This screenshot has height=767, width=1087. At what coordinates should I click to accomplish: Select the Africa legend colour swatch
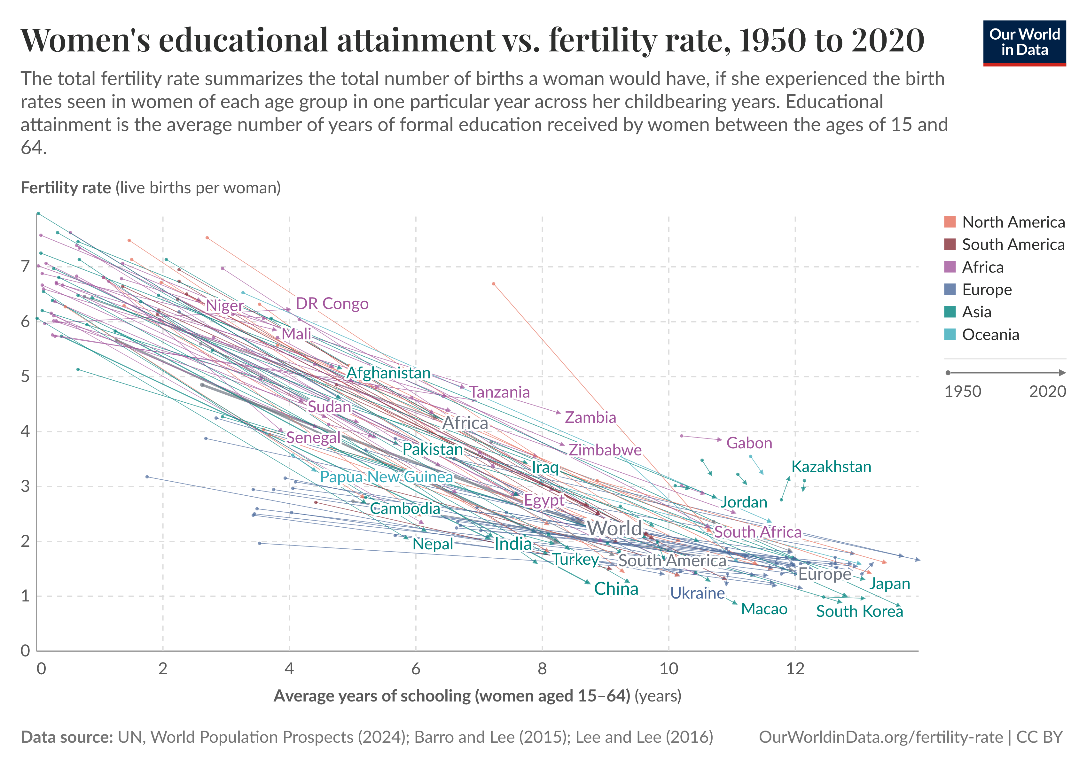[x=950, y=267]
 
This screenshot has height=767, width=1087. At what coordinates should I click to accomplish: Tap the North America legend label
[x=1013, y=222]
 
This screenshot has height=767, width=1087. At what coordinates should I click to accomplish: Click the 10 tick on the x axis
[x=669, y=669]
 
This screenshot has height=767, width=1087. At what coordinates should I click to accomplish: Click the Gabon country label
[x=749, y=443]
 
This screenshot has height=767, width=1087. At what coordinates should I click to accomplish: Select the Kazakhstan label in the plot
[x=831, y=467]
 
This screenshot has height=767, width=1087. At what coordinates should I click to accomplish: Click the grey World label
[x=614, y=528]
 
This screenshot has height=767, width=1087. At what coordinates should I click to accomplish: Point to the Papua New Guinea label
[x=386, y=476]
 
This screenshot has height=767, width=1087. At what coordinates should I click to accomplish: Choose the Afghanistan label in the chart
[x=388, y=373]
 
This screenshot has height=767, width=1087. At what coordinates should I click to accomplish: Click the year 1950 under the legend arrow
[x=963, y=391]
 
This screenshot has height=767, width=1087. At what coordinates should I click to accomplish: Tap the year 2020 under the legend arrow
[x=1047, y=391]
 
